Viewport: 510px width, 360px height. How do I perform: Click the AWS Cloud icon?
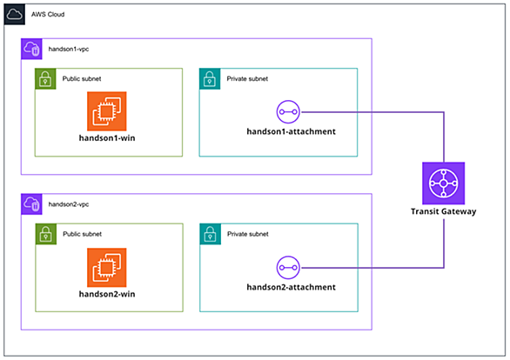15,14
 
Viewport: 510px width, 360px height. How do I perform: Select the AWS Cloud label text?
48,14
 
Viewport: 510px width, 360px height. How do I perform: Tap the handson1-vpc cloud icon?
31,49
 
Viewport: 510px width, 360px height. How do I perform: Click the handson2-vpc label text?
69,204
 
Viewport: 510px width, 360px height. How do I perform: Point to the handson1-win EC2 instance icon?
107,111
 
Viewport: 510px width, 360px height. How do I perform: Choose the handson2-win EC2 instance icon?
107,268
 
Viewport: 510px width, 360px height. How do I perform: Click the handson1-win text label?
107,138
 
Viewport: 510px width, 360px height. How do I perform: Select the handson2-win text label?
107,294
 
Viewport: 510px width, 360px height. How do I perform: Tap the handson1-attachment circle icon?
288,112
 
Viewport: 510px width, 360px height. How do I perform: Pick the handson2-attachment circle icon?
288,268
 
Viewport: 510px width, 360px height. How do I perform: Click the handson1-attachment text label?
291,131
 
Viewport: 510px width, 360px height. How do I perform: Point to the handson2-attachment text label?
291,287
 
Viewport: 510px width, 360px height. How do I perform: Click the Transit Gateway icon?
444,183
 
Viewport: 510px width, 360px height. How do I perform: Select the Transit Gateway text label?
444,211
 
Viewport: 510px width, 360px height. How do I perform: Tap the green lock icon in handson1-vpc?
45,78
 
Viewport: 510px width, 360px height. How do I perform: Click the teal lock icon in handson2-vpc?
211,234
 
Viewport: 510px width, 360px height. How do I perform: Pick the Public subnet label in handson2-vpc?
83,234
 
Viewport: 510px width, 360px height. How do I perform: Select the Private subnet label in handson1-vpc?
247,78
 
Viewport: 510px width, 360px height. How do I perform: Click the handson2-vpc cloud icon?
31,204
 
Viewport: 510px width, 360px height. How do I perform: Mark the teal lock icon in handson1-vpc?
210,78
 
